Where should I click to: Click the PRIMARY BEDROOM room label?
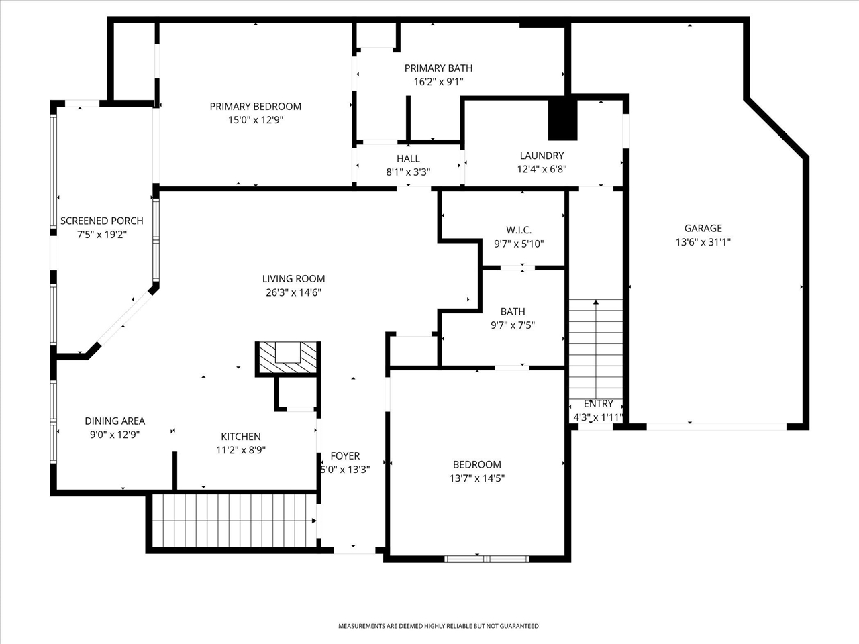pyautogui.click(x=256, y=107)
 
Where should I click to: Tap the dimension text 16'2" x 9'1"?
pyautogui.click(x=438, y=82)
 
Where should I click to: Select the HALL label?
pyautogui.click(x=408, y=158)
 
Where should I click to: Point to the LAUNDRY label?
pyautogui.click(x=542, y=156)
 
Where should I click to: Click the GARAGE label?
pyautogui.click(x=703, y=228)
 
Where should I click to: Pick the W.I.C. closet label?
pyautogui.click(x=519, y=230)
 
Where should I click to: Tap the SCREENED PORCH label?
pyautogui.click(x=102, y=221)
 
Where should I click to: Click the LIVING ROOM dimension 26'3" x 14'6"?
pyautogui.click(x=293, y=292)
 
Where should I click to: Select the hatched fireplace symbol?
pyautogui.click(x=288, y=358)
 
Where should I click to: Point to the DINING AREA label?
pyautogui.click(x=115, y=421)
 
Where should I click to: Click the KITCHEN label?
pyautogui.click(x=241, y=436)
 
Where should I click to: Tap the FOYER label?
pyautogui.click(x=345, y=456)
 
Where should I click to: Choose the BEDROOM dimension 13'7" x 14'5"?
pyautogui.click(x=477, y=478)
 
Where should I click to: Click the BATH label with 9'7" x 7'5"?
pyautogui.click(x=513, y=312)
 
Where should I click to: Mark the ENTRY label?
pyautogui.click(x=598, y=404)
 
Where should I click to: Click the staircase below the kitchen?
pyautogui.click(x=234, y=521)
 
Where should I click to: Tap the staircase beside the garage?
pyautogui.click(x=596, y=350)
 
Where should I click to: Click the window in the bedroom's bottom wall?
pyautogui.click(x=487, y=559)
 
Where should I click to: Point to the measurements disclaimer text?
pyautogui.click(x=438, y=626)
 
